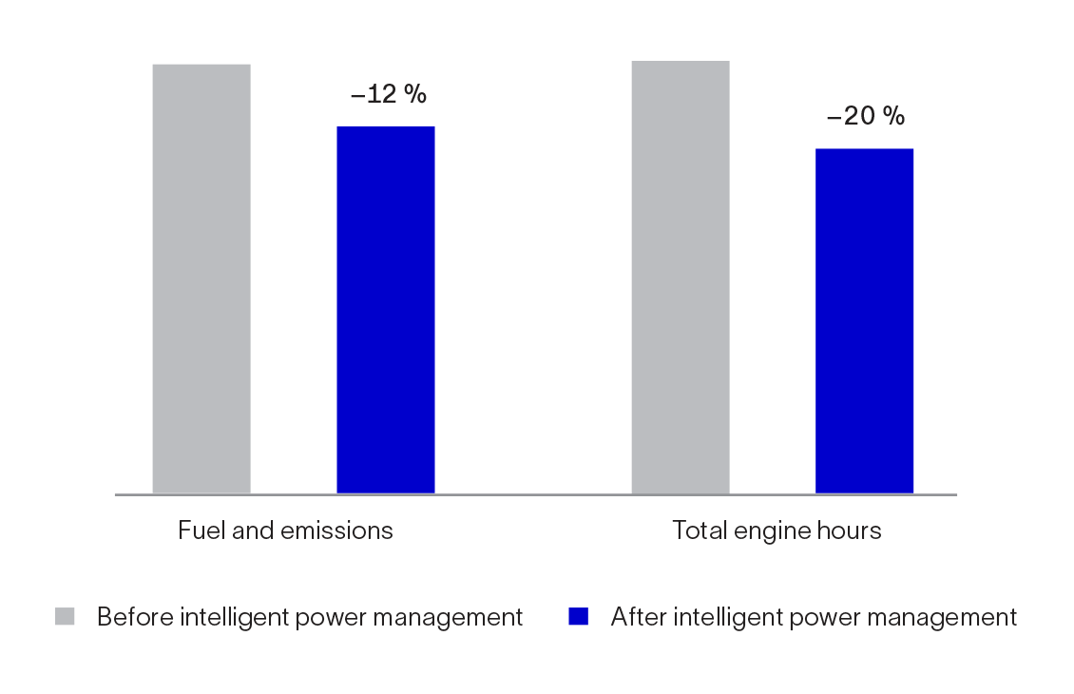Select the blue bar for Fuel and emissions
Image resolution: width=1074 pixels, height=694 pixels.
386,310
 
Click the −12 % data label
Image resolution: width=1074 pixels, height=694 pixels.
388,94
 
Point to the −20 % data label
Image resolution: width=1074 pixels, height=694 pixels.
866,116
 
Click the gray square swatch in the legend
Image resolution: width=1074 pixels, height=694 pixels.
65,617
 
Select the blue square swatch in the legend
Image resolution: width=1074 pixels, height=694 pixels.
578,617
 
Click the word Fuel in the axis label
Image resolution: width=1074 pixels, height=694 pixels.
197,530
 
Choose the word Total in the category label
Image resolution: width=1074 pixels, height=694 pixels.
697,530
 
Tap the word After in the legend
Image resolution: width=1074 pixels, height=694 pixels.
637,617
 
